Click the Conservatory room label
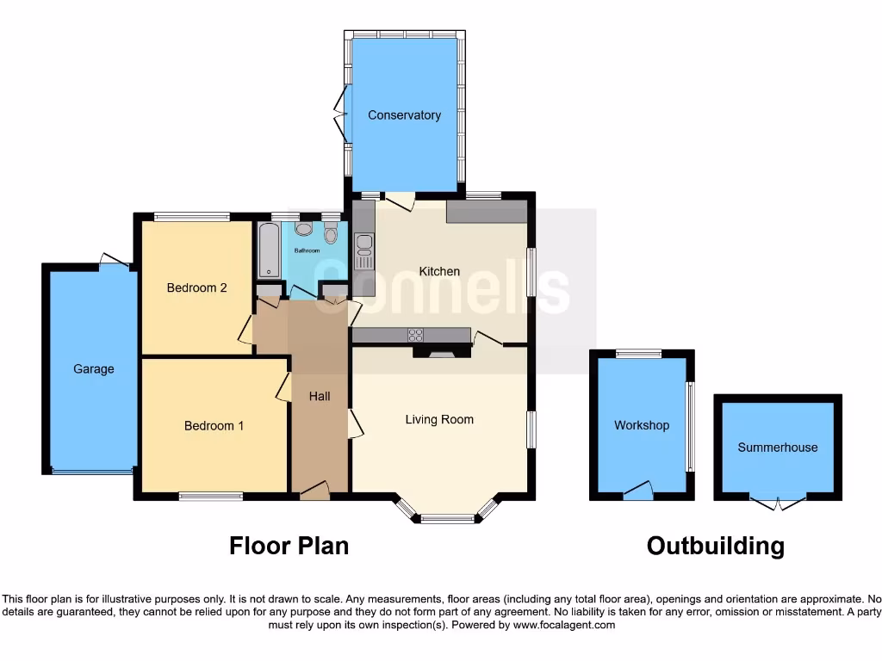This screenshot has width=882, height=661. (404, 115)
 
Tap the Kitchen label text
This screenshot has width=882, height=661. (439, 271)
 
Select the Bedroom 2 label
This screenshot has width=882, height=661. (196, 287)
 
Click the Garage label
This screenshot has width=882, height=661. (93, 369)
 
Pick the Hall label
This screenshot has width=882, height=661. (320, 397)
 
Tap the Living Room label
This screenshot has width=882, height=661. (439, 420)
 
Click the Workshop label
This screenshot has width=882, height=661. (642, 425)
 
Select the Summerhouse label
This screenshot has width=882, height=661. (778, 448)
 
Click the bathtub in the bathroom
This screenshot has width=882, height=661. (269, 250)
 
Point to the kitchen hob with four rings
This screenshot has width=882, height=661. (415, 336)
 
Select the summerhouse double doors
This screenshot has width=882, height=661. (778, 503)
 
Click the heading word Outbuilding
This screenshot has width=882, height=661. (716, 546)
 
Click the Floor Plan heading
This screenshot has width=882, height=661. (289, 546)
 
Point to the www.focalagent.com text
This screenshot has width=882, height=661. (564, 625)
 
